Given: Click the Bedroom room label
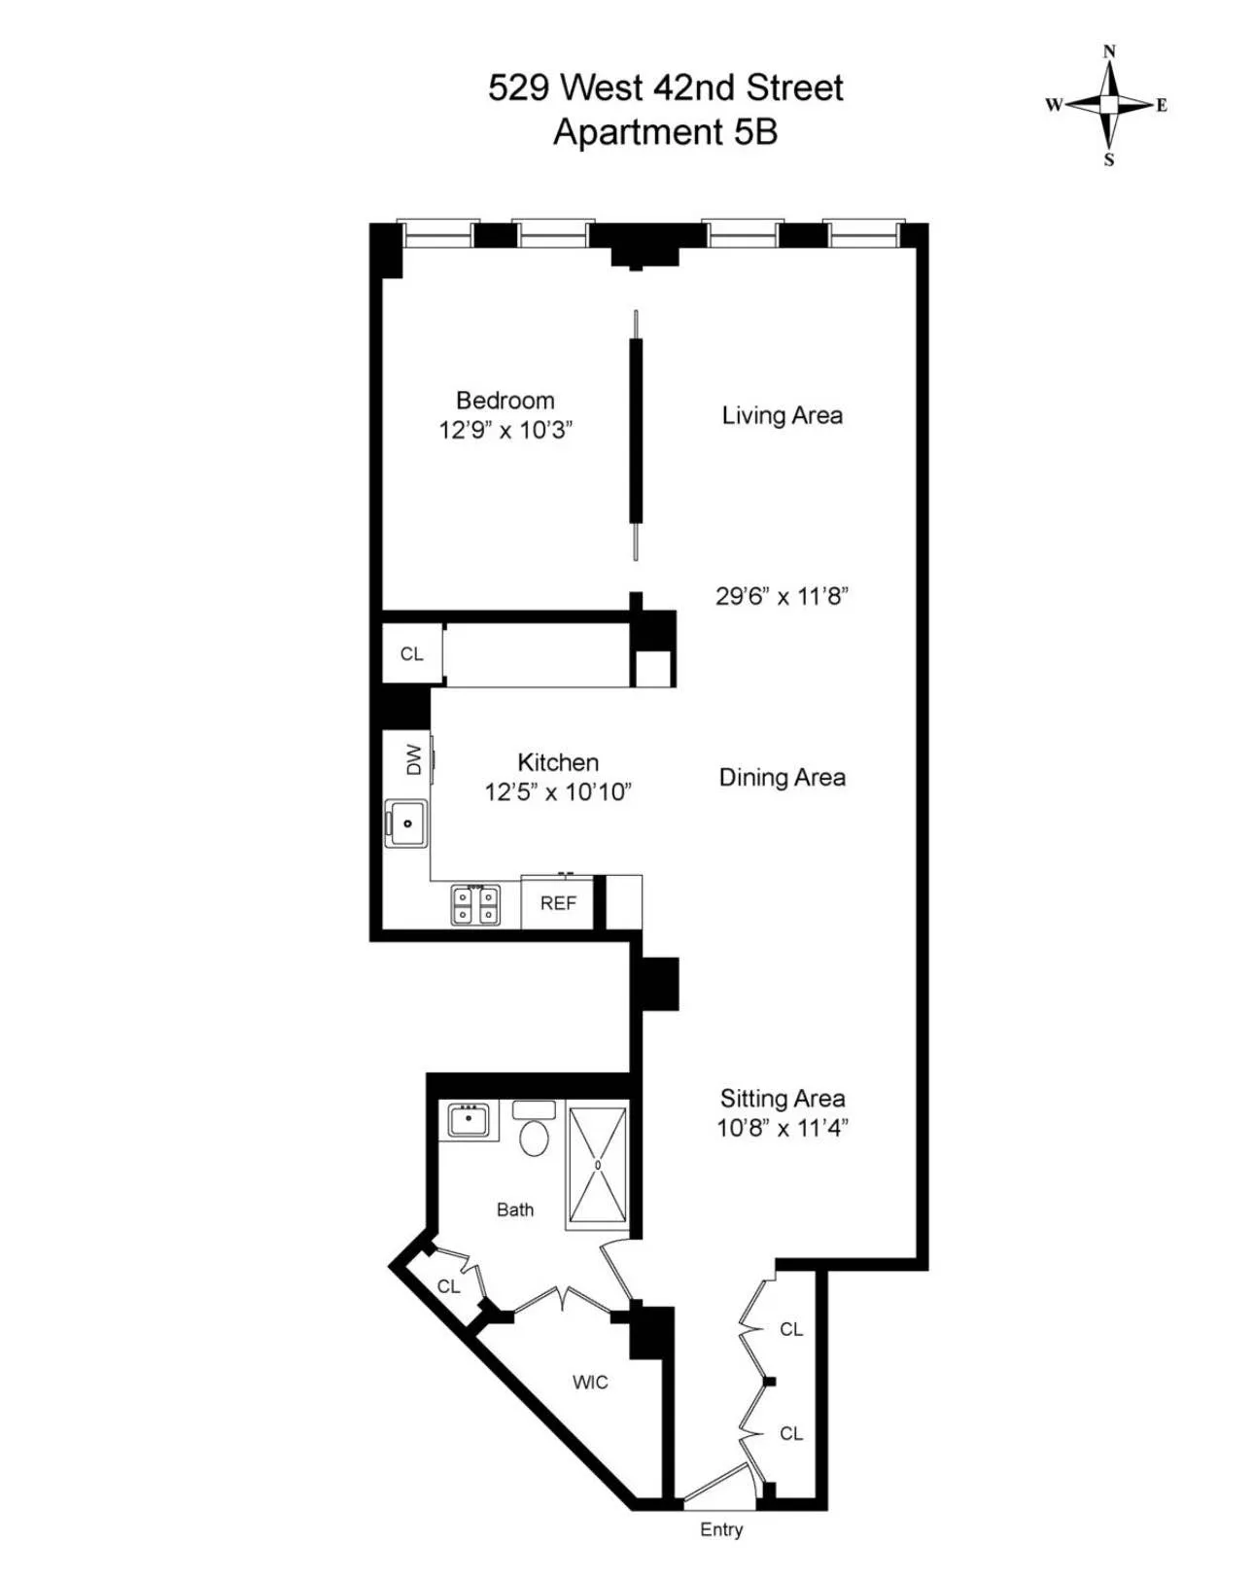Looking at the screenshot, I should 505,401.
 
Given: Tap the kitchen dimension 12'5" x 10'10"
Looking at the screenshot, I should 558,792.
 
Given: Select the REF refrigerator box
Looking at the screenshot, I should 558,903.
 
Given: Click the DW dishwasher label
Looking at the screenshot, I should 414,759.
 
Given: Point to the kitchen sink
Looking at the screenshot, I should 406,823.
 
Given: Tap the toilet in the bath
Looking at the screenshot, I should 534,1131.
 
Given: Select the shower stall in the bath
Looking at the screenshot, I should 598,1165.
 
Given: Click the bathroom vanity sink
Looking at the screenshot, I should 469,1120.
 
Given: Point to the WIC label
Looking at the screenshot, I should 590,1382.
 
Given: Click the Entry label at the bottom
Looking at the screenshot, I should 721,1529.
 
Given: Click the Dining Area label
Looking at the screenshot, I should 782,777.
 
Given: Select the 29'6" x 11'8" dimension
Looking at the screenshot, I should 782,596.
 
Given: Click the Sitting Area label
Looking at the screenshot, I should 782,1099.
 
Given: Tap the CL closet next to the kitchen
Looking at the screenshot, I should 411,654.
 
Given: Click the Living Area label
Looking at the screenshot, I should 782,415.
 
